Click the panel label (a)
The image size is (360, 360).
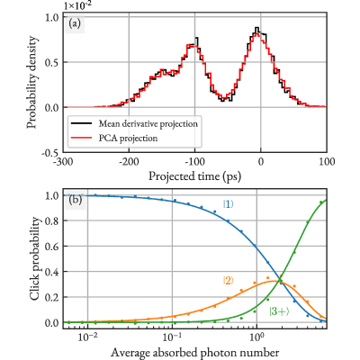(75, 23)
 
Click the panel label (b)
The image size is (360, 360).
(75, 201)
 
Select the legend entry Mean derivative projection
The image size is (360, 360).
(148, 123)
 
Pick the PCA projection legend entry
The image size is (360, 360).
(128, 138)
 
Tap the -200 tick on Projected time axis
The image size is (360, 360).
(129, 162)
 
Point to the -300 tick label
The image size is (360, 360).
(63, 162)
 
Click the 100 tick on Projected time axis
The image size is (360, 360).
(327, 162)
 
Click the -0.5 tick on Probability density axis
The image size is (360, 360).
(52, 153)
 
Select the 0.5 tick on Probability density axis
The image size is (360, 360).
(53, 62)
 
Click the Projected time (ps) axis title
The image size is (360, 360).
(195, 176)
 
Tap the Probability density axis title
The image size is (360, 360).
(32, 83)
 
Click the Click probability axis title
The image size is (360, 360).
(35, 258)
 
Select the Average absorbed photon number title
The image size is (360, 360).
(195, 353)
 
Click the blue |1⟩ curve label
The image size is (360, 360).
(228, 204)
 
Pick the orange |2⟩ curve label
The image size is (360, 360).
(228, 281)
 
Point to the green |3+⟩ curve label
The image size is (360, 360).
(279, 312)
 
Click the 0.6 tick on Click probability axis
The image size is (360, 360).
(53, 247)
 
